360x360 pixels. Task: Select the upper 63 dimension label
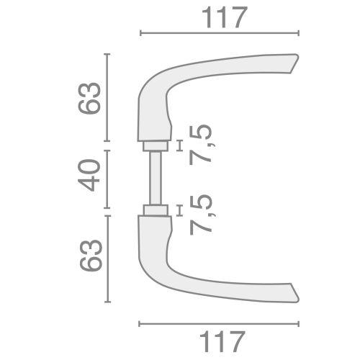tap(89, 97)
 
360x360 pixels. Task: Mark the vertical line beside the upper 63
tap(107, 97)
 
